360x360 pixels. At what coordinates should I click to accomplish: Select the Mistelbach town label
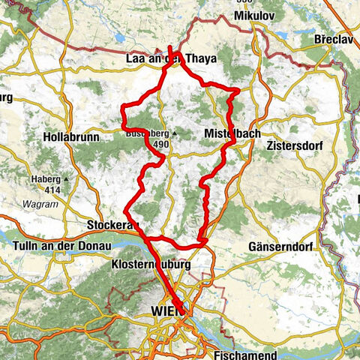[x=232, y=134]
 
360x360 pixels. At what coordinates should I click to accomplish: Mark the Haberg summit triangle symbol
[x=67, y=180]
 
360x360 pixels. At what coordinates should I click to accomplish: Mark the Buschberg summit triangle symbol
[x=174, y=134]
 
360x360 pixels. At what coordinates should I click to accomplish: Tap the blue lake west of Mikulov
[x=119, y=37]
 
